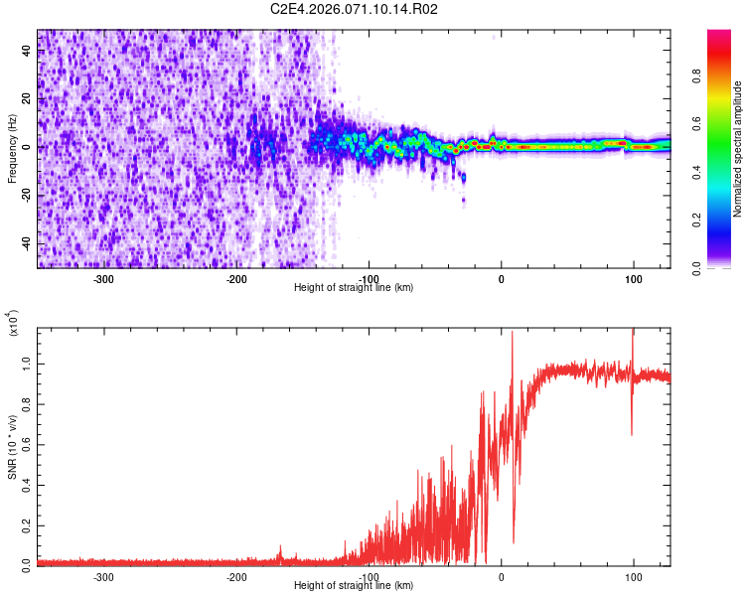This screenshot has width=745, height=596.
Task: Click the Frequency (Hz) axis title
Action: [x=12, y=149]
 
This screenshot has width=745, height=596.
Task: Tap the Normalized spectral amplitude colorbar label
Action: [x=738, y=149]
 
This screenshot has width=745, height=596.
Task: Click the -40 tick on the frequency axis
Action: [x=26, y=243]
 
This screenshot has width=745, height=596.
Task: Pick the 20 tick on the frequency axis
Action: [x=28, y=99]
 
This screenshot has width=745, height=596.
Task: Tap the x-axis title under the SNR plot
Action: [x=354, y=586]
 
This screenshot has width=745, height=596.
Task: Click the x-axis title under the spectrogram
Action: [x=354, y=288]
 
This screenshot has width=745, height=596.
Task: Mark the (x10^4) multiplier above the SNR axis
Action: [x=12, y=322]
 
